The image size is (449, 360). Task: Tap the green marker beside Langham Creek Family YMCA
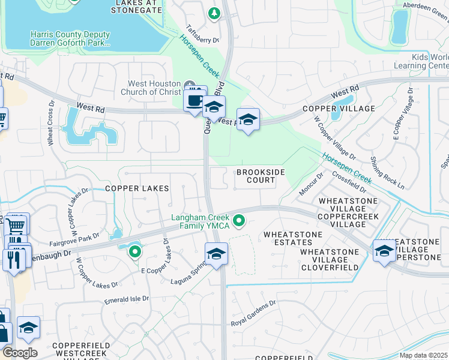(x=240, y=222)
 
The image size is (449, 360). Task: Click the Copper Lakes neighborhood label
(x=137, y=188)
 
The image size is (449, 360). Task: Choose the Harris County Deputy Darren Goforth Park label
(x=71, y=39)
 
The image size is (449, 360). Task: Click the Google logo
(x=19, y=353)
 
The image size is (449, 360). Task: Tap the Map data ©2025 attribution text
(x=423, y=355)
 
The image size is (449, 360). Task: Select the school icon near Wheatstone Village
(x=384, y=251)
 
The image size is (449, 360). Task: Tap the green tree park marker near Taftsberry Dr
(x=214, y=13)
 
